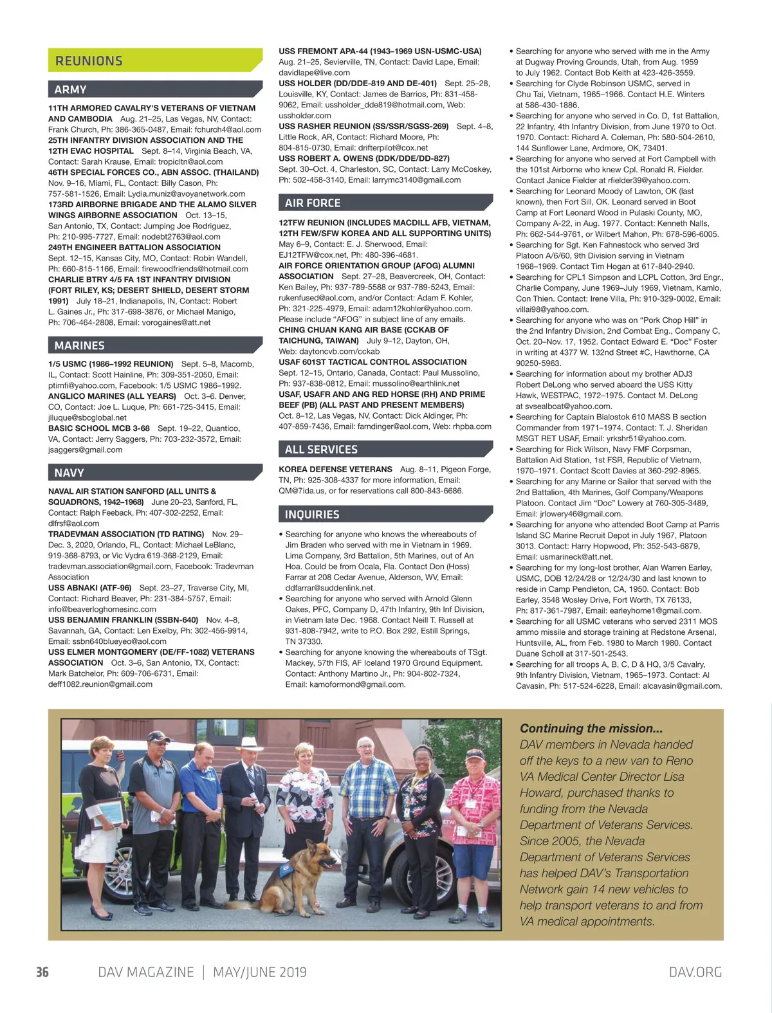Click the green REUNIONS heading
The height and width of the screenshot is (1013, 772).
coord(89,61)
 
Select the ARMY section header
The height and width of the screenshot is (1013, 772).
coord(71,89)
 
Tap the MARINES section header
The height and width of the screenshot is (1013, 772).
coord(79,345)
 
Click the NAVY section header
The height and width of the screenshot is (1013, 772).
coord(69,473)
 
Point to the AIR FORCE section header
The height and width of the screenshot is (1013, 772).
coord(313,203)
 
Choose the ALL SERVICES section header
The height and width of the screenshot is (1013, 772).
coord(321,450)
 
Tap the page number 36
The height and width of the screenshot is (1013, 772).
coord(42,972)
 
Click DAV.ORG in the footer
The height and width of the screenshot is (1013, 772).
coord(695,972)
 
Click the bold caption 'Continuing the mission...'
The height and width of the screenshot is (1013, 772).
coord(591,728)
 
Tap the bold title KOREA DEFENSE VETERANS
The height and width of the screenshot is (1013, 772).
coord(335,470)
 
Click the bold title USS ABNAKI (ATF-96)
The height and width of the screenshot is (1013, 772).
coord(90,588)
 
